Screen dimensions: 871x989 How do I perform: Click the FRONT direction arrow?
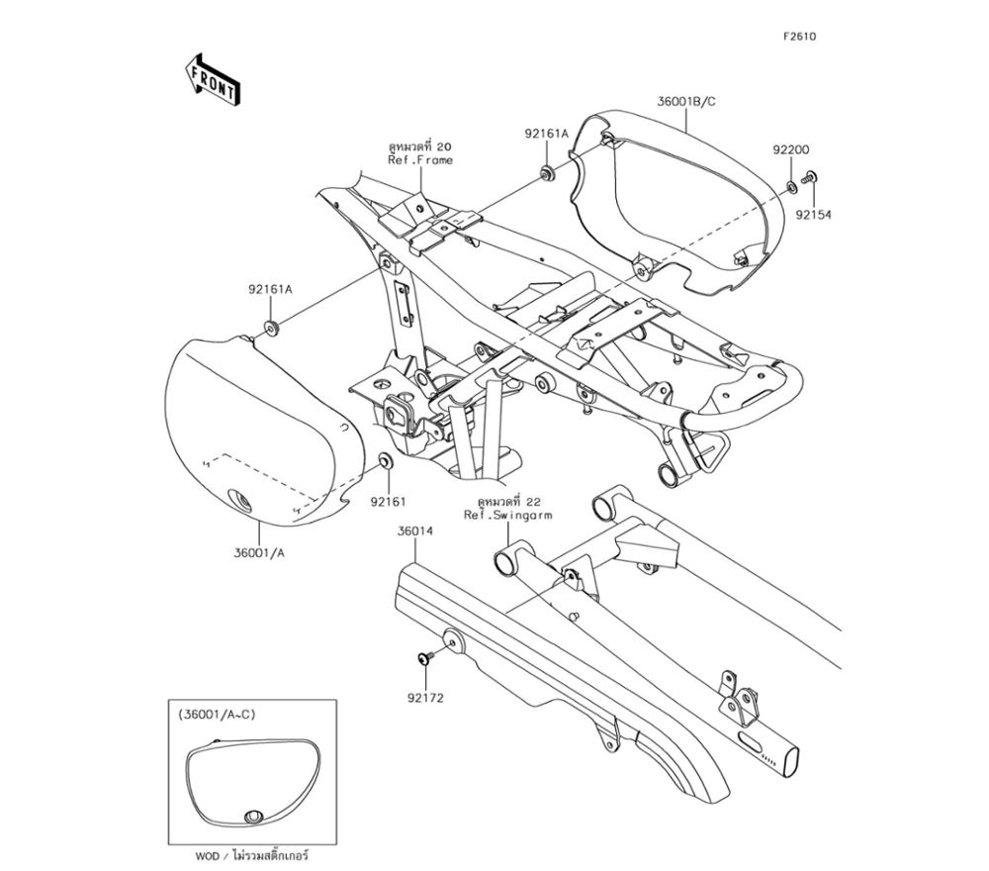click(210, 79)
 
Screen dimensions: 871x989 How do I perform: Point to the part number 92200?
click(792, 150)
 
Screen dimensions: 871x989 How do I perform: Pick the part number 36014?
click(415, 532)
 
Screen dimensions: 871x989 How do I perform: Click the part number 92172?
click(424, 697)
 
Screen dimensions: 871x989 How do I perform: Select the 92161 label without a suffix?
click(389, 501)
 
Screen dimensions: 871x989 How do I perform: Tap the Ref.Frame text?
click(420, 160)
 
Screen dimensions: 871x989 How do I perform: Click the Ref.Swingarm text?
click(508, 516)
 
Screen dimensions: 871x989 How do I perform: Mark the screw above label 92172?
click(425, 657)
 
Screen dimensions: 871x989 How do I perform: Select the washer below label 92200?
click(792, 186)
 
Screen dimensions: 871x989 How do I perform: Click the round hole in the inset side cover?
click(252, 817)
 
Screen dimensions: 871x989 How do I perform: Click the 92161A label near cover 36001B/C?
click(547, 133)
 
